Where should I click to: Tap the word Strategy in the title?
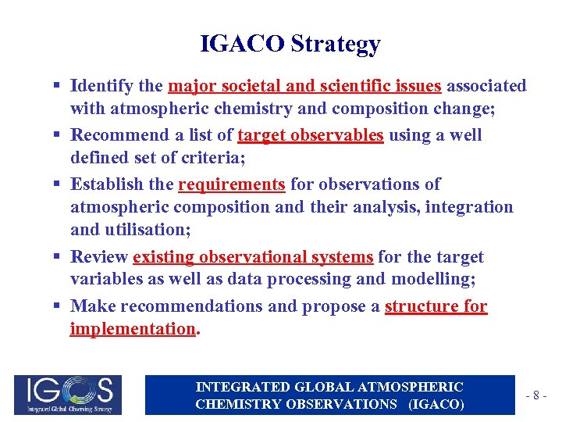coord(336,45)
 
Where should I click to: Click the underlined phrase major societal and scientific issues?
coord(304,85)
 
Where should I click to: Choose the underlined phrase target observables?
coord(310,135)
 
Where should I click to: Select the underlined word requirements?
coord(232,184)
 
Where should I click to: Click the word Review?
coord(98,257)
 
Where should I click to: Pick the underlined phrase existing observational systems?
coord(253,257)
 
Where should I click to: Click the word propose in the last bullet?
coord(333,306)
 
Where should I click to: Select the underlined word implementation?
coord(132,329)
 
